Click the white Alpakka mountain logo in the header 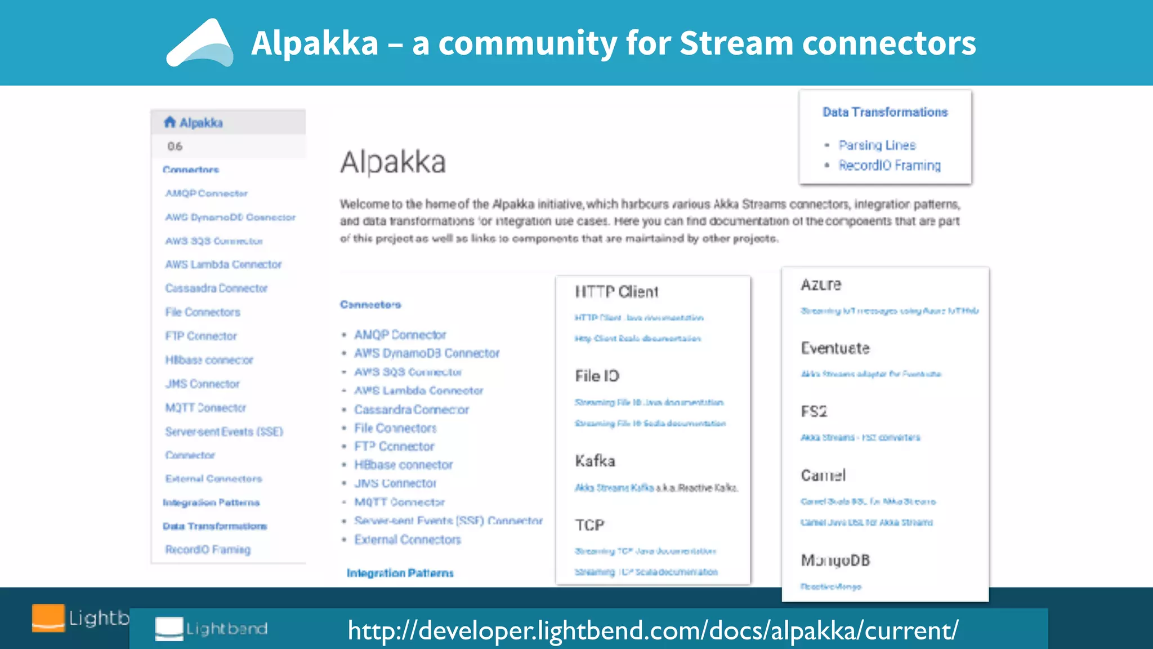pos(200,43)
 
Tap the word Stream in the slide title pos(736,43)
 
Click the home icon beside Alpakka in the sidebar pos(169,122)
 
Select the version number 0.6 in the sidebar pos(175,146)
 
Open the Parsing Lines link pos(877,145)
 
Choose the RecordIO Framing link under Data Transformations pos(889,166)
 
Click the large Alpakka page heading pos(393,162)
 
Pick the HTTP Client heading pos(616,292)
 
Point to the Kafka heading pos(595,461)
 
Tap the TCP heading pos(589,525)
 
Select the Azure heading pos(821,285)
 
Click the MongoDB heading pos(835,560)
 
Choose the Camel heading pos(823,475)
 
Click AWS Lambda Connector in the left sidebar pos(223,264)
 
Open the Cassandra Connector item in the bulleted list pos(411,410)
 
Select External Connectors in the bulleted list pos(407,540)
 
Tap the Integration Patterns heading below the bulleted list pos(400,573)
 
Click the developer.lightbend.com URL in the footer pos(653,630)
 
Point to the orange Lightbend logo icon pos(48,618)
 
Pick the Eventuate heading pos(835,348)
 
